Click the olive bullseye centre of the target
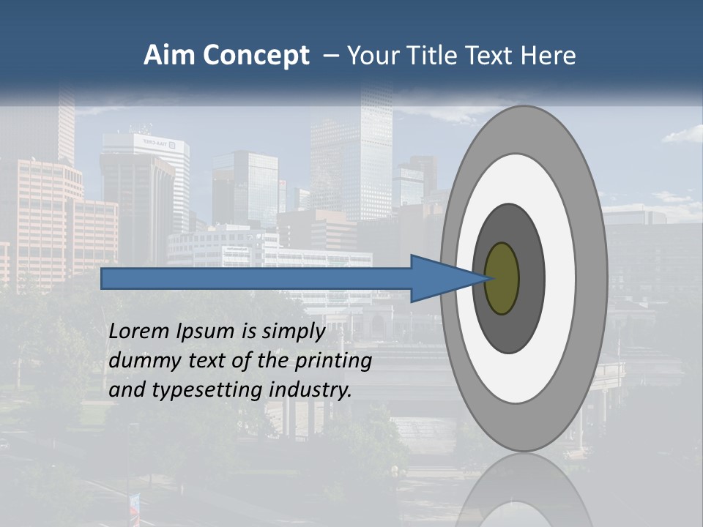[x=502, y=279]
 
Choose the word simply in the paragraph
[x=293, y=332]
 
